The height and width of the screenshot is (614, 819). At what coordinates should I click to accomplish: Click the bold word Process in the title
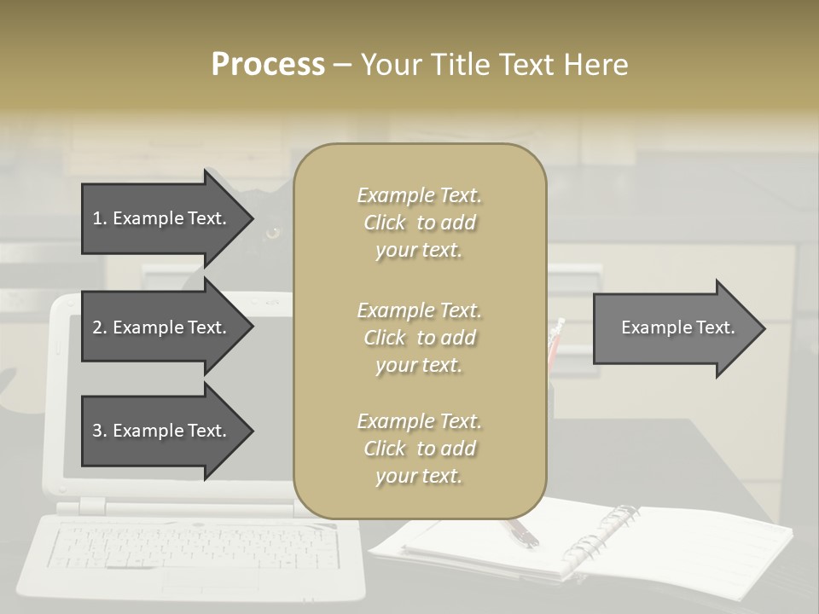(268, 64)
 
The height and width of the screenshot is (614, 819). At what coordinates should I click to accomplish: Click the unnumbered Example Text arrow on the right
(677, 327)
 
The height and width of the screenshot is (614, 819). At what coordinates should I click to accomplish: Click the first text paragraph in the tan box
(419, 223)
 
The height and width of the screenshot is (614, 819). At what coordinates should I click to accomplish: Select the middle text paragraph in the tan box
(419, 338)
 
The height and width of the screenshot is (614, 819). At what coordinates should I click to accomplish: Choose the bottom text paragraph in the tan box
(419, 449)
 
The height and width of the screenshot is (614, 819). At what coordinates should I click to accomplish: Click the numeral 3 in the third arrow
(96, 431)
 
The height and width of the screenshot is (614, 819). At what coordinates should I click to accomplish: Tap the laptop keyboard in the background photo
(192, 546)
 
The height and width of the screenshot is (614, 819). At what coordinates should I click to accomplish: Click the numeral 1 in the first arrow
(96, 218)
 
